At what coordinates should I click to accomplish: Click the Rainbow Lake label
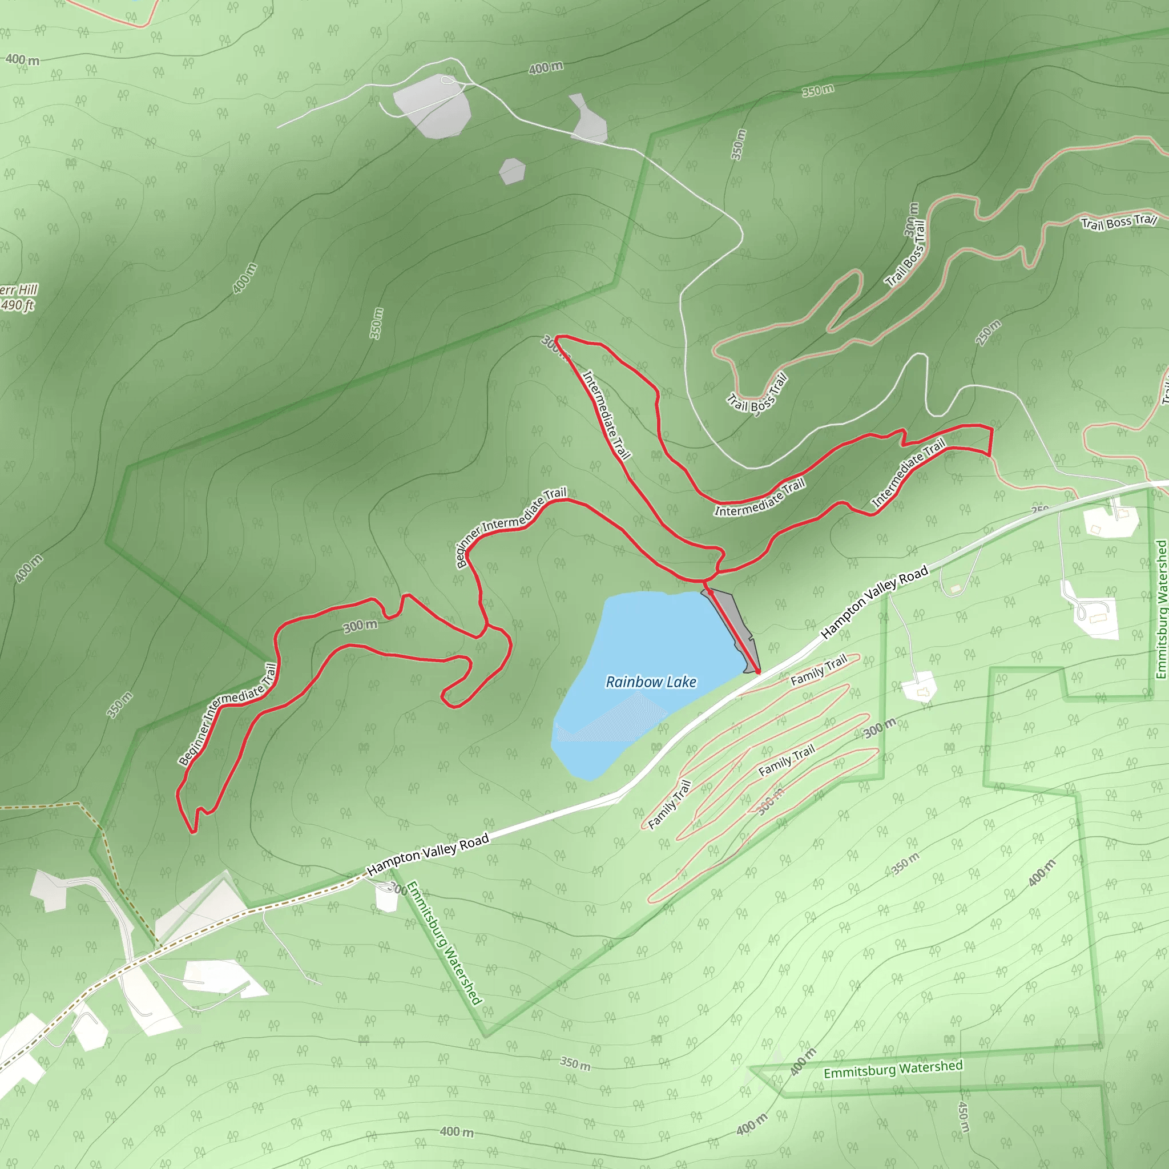click(651, 682)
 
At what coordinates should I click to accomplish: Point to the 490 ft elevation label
click(17, 305)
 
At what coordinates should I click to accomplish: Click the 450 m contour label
click(964, 1116)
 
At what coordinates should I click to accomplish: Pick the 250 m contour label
click(988, 332)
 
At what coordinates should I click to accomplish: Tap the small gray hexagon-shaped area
click(512, 171)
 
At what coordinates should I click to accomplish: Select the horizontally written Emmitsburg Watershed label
click(893, 1069)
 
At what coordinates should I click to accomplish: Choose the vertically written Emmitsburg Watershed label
click(1160, 608)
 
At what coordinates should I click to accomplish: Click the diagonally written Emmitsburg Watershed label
click(444, 944)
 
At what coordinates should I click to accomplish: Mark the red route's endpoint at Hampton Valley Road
click(757, 671)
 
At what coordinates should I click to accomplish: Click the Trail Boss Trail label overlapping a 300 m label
click(906, 253)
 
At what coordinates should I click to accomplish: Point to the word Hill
click(28, 289)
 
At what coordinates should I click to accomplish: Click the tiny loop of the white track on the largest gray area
click(447, 80)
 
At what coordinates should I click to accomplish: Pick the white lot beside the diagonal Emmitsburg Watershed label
click(386, 897)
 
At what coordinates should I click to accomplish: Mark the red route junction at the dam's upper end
click(706, 582)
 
